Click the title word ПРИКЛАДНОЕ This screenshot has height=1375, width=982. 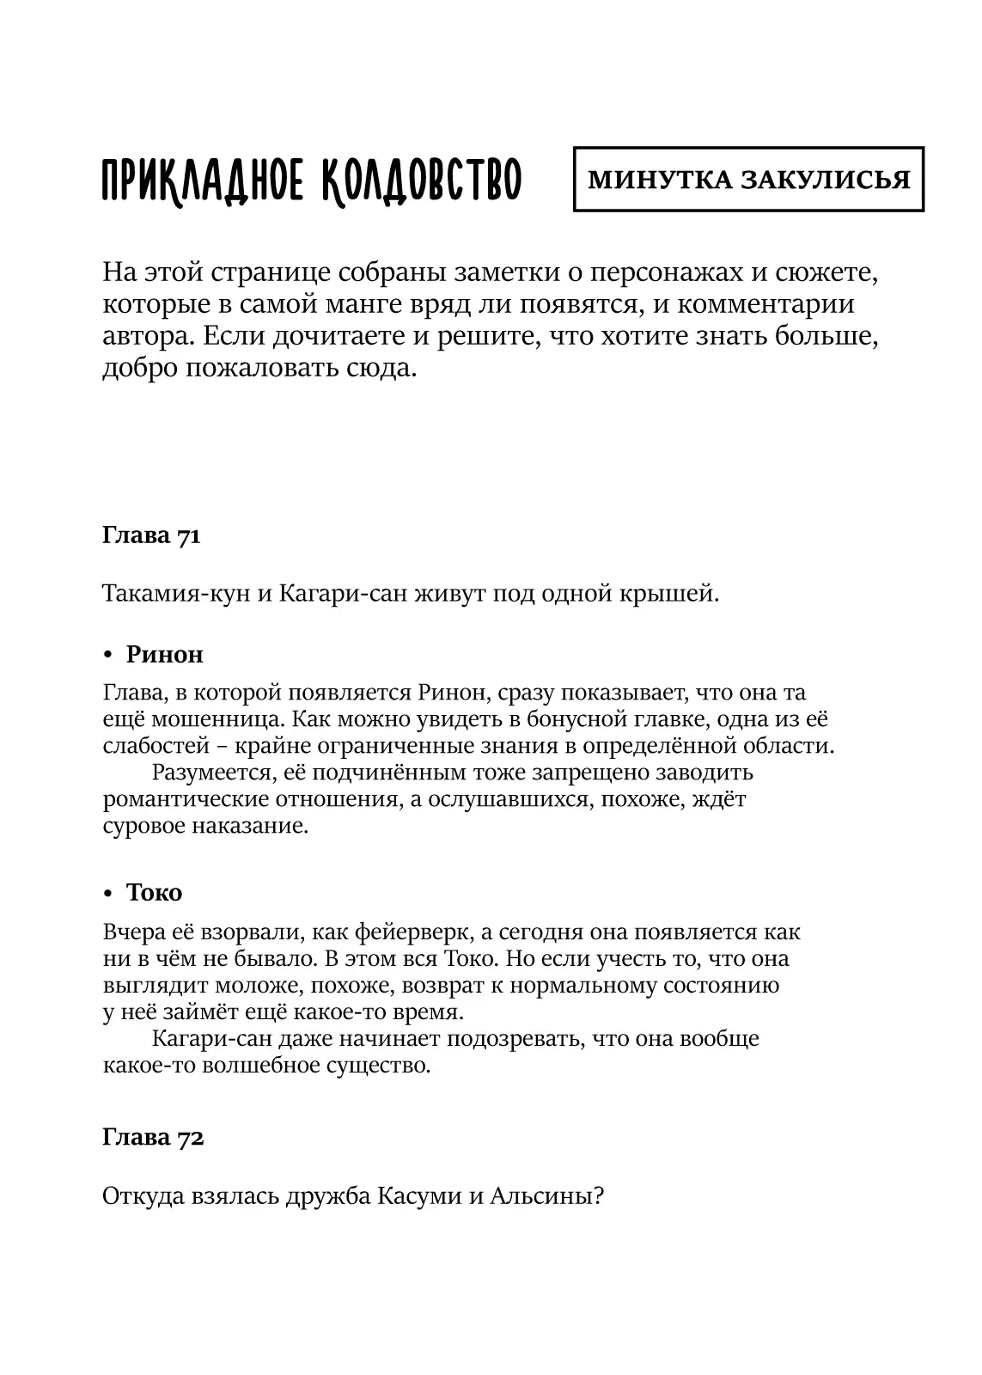pyautogui.click(x=201, y=180)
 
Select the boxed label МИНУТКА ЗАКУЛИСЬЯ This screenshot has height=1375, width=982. pyautogui.click(x=748, y=180)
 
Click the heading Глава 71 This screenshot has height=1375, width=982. pyautogui.click(x=151, y=536)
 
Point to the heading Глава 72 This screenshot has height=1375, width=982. pyautogui.click(x=153, y=1138)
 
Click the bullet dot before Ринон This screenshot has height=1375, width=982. pyautogui.click(x=108, y=656)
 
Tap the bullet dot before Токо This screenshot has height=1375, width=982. pyautogui.click(x=108, y=894)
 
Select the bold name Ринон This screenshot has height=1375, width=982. pyautogui.click(x=165, y=655)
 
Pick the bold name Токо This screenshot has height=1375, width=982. pyautogui.click(x=155, y=893)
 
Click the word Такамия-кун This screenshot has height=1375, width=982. pyautogui.click(x=176, y=594)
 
